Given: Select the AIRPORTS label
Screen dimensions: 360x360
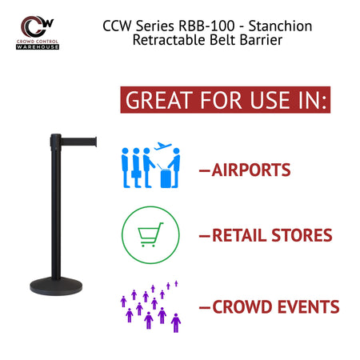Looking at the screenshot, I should (x=250, y=170).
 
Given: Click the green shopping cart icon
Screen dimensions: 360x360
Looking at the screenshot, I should (x=150, y=235).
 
